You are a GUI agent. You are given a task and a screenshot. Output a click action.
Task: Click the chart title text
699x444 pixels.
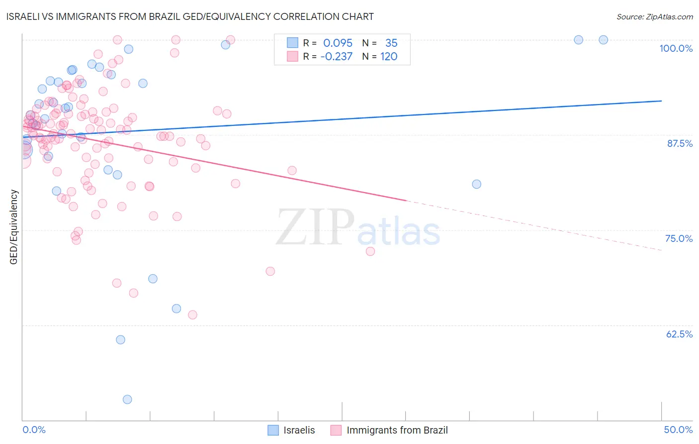[190, 16]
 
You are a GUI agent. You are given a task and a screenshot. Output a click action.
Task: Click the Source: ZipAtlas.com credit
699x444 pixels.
[654, 16]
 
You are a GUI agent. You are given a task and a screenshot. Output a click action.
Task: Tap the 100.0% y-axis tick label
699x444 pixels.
[676, 48]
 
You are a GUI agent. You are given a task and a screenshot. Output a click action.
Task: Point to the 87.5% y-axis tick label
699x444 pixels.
[679, 143]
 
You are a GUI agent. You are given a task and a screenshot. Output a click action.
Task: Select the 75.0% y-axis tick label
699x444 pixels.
[679, 238]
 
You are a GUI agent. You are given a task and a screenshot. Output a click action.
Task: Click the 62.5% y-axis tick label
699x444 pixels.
[679, 334]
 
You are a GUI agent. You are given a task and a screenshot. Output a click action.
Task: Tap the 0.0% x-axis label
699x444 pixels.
[34, 430]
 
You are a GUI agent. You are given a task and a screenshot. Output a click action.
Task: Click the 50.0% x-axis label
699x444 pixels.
[678, 430]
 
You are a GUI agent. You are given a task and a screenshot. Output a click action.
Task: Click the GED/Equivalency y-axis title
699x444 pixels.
[14, 227]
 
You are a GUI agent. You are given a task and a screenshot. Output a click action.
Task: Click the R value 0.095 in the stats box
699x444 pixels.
[338, 43]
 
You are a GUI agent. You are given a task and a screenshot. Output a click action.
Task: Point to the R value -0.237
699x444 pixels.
[336, 57]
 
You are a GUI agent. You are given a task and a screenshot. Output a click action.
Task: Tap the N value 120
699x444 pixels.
[389, 57]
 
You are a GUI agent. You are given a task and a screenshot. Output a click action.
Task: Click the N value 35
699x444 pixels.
[391, 43]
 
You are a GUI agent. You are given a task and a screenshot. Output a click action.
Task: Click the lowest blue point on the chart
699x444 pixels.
[127, 399]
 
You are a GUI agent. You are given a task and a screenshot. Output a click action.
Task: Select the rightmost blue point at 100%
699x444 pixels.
[603, 40]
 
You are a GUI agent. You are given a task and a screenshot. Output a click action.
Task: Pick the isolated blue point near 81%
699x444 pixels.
[476, 184]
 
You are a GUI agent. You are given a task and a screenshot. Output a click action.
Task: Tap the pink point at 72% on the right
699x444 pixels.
[370, 251]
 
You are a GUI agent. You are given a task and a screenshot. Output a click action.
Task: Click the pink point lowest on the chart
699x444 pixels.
[192, 315]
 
